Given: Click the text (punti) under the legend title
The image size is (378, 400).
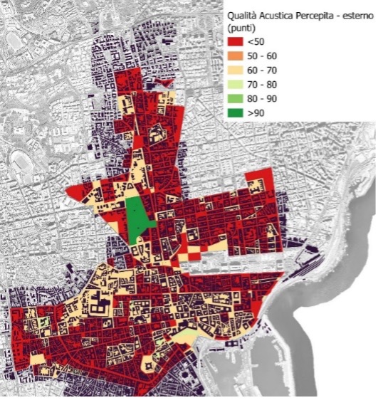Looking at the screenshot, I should click(x=242, y=27).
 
